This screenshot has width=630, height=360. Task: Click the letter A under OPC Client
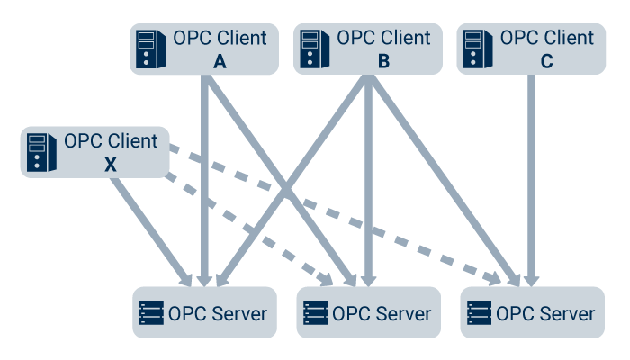[220, 62]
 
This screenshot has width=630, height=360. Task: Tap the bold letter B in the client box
[383, 62]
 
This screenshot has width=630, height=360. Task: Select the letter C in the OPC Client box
[547, 62]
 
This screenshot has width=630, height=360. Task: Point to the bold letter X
[110, 166]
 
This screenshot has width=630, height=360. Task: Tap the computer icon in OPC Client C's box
[474, 50]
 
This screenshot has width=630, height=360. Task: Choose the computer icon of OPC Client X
[37, 153]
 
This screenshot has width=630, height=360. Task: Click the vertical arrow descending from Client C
[532, 180]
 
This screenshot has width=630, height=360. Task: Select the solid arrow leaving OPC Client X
[148, 225]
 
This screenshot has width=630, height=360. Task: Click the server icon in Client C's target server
[480, 313]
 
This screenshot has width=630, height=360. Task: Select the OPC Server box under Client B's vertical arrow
[368, 312]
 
